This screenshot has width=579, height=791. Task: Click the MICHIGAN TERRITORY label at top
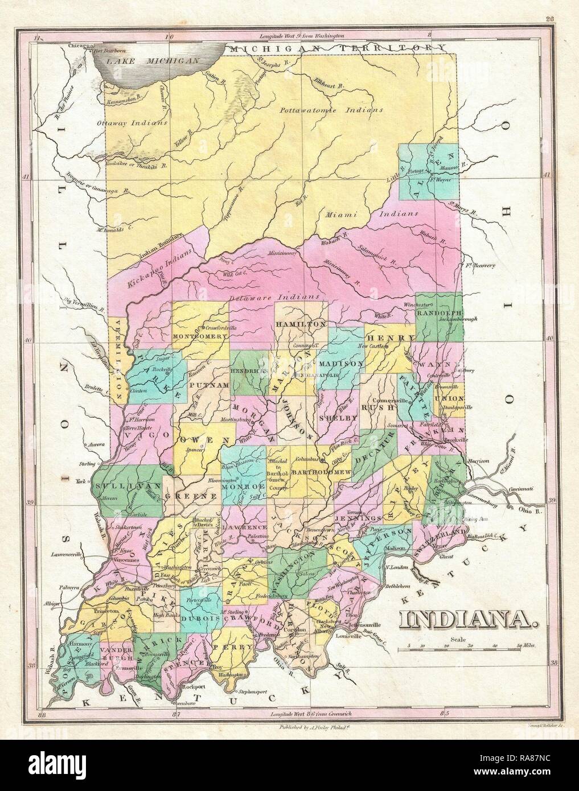click(x=336, y=49)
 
